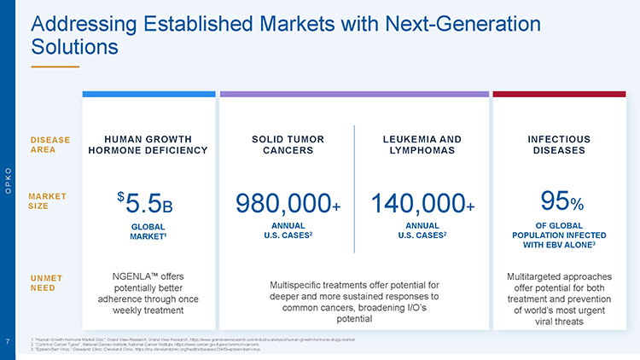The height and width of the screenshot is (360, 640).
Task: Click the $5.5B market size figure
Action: click(148, 204)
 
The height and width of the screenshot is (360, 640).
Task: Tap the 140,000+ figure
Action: click(422, 204)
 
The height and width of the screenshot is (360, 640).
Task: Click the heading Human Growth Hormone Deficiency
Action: click(148, 145)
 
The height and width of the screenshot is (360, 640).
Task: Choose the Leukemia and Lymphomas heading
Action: click(422, 145)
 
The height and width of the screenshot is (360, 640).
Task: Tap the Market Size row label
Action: click(48, 201)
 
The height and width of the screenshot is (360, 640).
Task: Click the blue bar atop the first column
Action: click(148, 94)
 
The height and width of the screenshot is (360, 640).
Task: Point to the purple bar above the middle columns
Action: click(354, 94)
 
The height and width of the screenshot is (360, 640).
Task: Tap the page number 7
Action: click(8, 343)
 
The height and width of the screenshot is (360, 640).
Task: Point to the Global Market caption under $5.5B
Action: click(148, 231)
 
